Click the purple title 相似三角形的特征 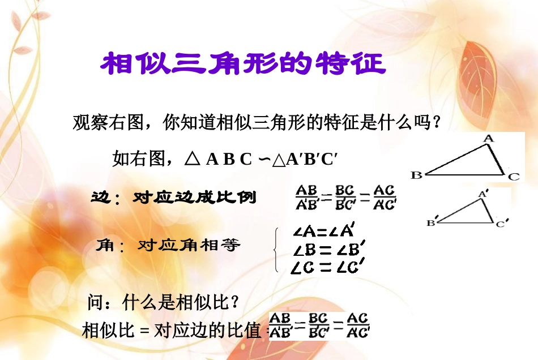[x=243, y=64]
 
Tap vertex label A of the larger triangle [x=489, y=138]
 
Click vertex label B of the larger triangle [x=417, y=175]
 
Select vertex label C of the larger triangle [x=513, y=177]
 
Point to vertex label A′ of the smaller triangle [x=483, y=194]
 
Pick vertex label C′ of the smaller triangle [x=501, y=224]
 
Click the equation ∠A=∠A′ [x=324, y=231]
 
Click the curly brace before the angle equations [x=276, y=249]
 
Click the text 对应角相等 [x=189, y=245]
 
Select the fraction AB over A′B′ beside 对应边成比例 [x=308, y=197]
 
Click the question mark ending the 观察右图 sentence [x=436, y=122]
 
